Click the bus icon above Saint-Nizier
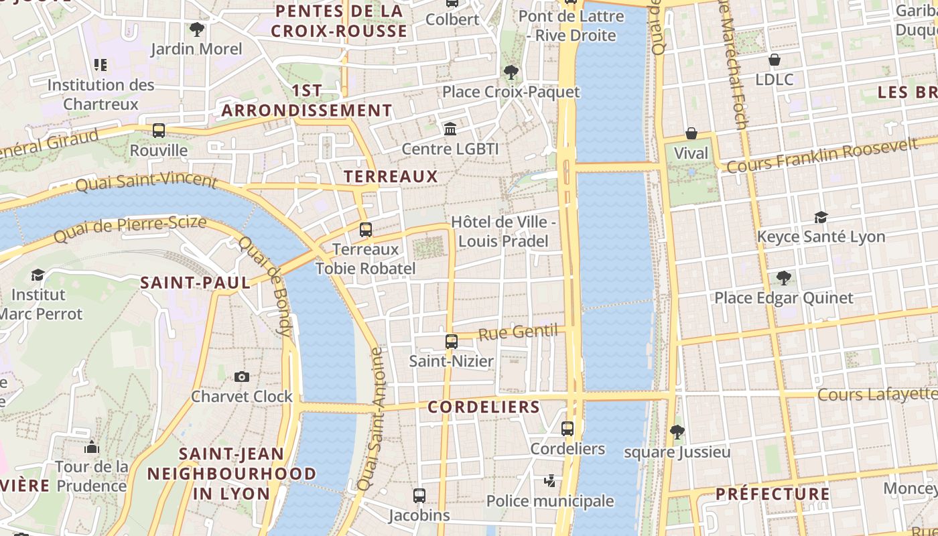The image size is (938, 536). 452,342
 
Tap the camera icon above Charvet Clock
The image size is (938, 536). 242,377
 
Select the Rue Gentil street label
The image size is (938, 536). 518,332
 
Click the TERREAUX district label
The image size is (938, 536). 391,177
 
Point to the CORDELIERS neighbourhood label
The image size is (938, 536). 484,407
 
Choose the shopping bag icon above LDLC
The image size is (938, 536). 775,60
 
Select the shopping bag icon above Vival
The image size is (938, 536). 691,134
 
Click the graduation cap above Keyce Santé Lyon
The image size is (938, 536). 821,217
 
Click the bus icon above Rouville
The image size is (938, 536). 159,131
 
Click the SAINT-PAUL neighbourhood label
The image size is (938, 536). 195,283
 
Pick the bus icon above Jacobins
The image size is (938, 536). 419,496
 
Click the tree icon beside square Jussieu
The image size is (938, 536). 677,432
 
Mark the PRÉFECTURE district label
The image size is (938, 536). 773,494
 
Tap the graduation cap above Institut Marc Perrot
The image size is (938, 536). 38,275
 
